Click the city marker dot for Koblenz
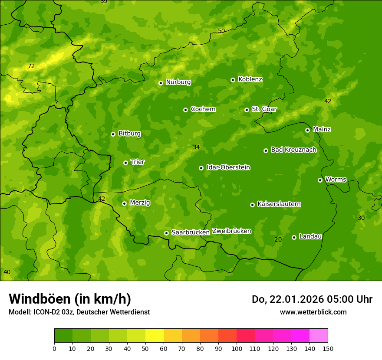[233, 80]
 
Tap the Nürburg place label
[178, 82]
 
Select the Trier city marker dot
[126, 163]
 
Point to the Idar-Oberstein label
[228, 167]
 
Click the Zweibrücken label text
[232, 231]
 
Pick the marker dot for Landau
[294, 237]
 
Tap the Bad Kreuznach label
[293, 150]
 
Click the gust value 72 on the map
[31, 66]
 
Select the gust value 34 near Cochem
[196, 147]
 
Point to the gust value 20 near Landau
[278, 239]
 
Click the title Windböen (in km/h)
[70, 299]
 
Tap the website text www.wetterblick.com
[313, 312]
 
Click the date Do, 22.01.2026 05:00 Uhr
[312, 299]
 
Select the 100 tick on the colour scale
[237, 348]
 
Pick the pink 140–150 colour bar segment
[319, 336]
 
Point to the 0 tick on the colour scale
[54, 348]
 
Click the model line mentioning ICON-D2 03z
[79, 312]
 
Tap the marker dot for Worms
[320, 180]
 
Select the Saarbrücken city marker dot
[167, 233]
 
